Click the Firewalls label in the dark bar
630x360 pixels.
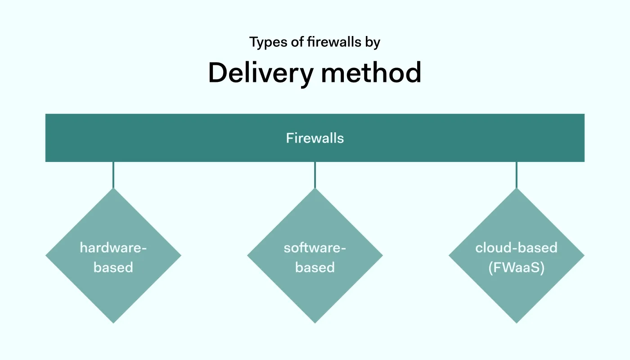tap(315, 138)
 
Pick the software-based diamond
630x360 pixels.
tap(315, 288)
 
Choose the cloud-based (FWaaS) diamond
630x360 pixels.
tap(517, 288)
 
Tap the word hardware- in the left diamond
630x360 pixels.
tap(113, 247)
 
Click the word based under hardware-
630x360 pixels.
tap(113, 267)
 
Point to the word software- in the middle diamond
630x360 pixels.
tap(315, 247)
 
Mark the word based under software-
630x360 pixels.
tap(315, 267)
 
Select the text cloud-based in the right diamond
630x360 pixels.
tap(517, 247)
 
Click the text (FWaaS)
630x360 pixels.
tap(517, 267)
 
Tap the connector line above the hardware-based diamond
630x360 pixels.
tap(113, 175)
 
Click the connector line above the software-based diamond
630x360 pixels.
tap(315, 175)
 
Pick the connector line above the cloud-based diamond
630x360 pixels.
tap(517, 175)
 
